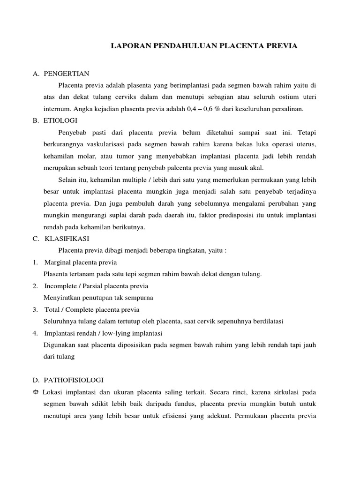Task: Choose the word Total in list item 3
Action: point(52,309)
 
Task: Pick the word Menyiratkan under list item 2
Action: point(62,298)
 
